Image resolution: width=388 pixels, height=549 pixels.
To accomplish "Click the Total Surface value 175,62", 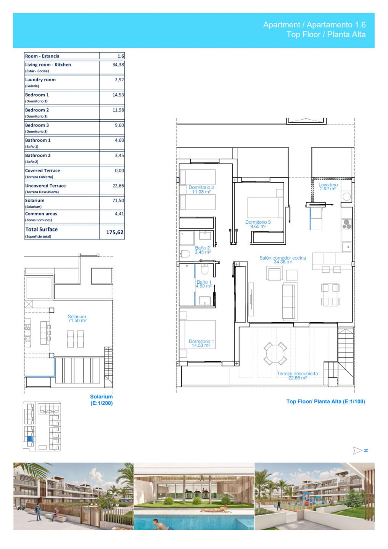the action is click(114, 232).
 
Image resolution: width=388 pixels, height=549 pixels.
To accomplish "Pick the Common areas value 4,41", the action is click(119, 214).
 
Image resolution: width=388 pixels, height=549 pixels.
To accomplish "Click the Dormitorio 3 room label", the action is click(258, 224).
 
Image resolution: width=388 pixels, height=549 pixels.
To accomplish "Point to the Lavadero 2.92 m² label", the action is click(328, 186).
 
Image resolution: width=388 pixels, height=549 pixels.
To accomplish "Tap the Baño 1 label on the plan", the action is click(204, 284).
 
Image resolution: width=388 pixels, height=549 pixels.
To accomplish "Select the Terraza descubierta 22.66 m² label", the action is click(297, 376).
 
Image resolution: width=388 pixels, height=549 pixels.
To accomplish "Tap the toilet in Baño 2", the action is click(185, 254).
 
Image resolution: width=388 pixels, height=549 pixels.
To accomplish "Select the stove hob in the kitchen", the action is click(346, 224).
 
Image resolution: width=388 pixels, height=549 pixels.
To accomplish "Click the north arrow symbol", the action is click(357, 451).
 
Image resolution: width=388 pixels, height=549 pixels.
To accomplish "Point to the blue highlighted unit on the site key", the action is click(30, 439).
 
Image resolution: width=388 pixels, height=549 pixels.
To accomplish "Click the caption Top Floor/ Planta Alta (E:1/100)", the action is click(325, 401).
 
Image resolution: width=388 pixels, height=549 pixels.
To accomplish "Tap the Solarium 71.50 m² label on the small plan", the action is click(77, 318).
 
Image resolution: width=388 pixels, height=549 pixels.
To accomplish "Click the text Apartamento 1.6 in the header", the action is click(336, 25).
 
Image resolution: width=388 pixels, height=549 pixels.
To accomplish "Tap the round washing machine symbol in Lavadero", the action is click(346, 197).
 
